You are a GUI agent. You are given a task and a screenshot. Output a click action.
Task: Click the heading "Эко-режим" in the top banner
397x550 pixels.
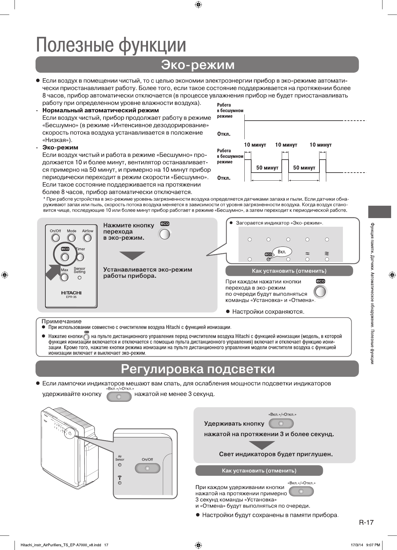tap(197, 65)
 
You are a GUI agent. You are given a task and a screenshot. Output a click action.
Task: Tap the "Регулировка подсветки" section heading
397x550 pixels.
tap(197, 369)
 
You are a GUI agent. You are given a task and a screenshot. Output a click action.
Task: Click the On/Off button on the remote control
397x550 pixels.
tap(56, 238)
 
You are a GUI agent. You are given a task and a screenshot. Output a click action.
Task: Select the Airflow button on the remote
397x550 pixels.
tap(88, 238)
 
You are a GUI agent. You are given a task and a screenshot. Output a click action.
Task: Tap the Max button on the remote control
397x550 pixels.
tap(65, 277)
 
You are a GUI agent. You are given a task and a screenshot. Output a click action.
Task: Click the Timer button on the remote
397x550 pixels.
tap(80, 257)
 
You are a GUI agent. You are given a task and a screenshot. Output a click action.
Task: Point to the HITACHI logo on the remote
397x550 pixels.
tap(71, 293)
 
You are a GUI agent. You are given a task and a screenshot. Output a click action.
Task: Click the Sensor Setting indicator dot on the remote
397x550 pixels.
tap(80, 277)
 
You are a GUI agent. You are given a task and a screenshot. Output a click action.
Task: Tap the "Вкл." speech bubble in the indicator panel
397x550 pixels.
tap(282, 251)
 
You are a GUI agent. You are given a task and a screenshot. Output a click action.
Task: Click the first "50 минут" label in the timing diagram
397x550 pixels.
tap(267, 168)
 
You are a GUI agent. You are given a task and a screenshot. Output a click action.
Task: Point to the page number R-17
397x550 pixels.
tap(366, 522)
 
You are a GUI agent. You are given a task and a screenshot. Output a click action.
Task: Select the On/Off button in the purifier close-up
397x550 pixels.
tap(147, 468)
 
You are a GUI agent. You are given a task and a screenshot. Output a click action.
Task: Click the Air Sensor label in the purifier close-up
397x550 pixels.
tap(120, 458)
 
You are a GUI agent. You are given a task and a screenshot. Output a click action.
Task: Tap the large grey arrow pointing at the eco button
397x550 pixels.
tap(53, 272)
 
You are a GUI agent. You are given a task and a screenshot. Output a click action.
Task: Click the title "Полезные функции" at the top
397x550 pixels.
tap(111, 45)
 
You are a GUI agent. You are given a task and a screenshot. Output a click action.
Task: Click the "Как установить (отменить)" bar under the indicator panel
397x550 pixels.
tap(289, 271)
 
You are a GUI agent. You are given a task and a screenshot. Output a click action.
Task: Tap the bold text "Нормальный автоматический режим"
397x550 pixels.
tap(101, 110)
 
